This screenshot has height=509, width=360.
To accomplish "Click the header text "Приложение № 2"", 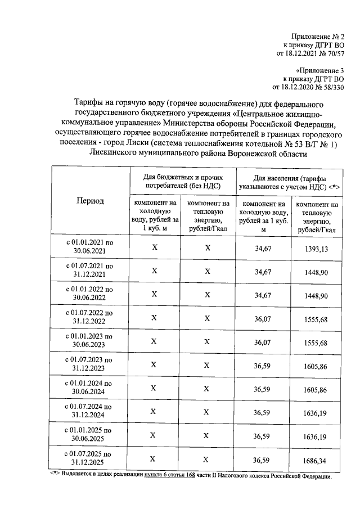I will coord(319,35).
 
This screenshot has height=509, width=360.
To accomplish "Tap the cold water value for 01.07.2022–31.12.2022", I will coord(263,318).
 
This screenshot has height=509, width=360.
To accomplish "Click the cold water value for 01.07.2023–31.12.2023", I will coord(263,366).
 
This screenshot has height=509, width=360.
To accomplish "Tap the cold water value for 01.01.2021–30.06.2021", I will coord(263,248).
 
